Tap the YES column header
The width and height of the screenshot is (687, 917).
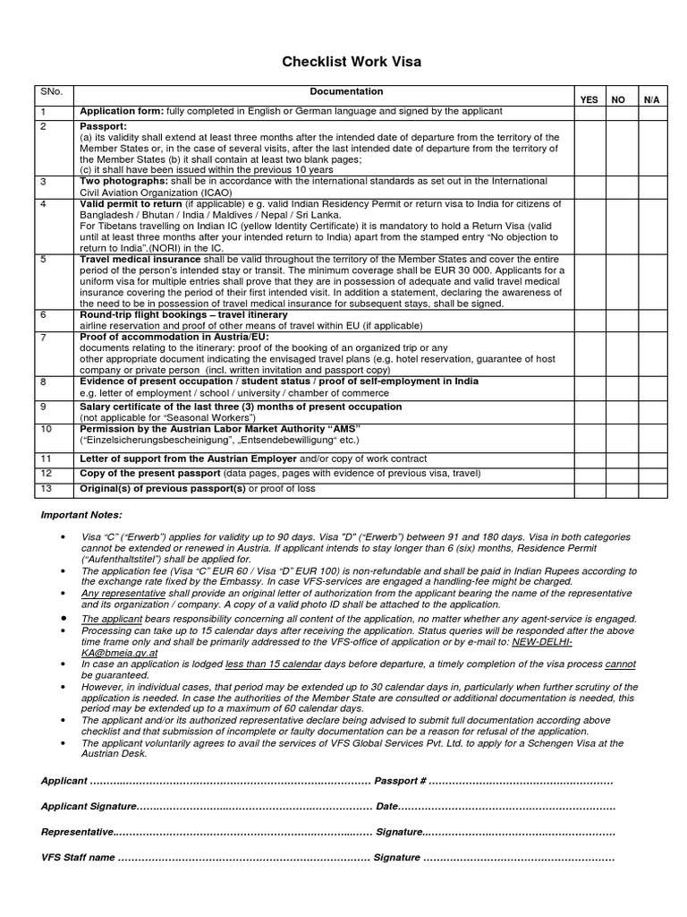click(589, 99)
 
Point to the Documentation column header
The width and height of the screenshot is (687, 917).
click(346, 91)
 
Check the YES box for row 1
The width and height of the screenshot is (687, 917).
click(589, 111)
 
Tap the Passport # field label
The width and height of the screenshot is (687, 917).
click(400, 782)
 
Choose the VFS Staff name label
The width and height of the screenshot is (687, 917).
click(78, 857)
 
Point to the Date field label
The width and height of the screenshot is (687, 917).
click(386, 807)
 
